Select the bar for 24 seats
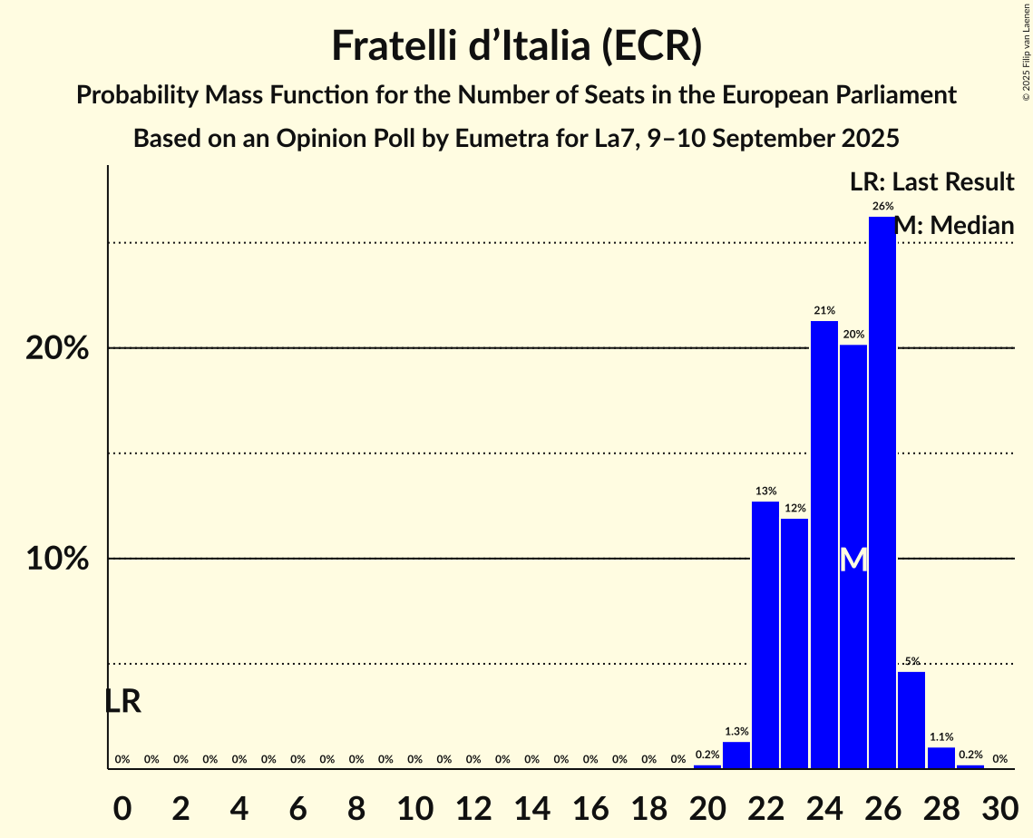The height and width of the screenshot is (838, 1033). [823, 544]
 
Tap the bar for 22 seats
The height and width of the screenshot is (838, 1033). [765, 635]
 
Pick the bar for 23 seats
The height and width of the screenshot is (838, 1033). [794, 643]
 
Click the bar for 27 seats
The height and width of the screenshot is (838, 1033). [911, 720]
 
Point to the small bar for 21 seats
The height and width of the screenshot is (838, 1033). [736, 755]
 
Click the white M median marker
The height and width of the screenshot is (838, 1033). [853, 560]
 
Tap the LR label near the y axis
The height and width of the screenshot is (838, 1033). [122, 701]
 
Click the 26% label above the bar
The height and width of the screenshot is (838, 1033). [882, 207]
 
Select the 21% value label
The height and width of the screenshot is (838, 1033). [823, 311]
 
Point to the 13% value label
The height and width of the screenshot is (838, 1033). [765, 492]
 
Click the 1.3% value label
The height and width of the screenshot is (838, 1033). [736, 732]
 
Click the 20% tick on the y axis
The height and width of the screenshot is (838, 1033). [57, 349]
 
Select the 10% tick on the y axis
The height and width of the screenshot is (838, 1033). [57, 560]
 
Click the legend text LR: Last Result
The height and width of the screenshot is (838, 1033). [931, 182]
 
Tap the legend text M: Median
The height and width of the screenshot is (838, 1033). [954, 226]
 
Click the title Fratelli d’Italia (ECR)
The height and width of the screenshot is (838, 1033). [516, 46]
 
